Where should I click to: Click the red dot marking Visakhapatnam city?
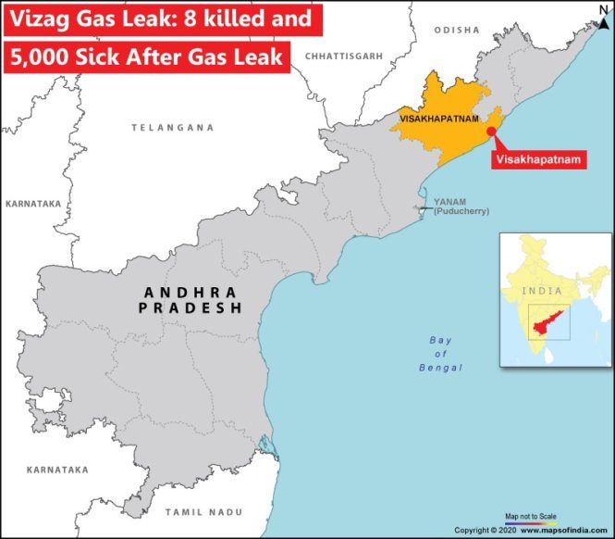pos(490,132)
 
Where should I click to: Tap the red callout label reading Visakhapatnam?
pos(539,159)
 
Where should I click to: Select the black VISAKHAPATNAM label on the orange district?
pos(438,119)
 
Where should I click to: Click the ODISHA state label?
pos(457,31)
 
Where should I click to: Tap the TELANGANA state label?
pos(172,127)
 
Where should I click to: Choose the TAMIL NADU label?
pos(204,511)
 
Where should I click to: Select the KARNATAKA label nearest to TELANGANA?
pos(32,202)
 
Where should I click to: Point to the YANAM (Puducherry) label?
pos(451,207)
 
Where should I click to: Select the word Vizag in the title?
pos(36,18)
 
